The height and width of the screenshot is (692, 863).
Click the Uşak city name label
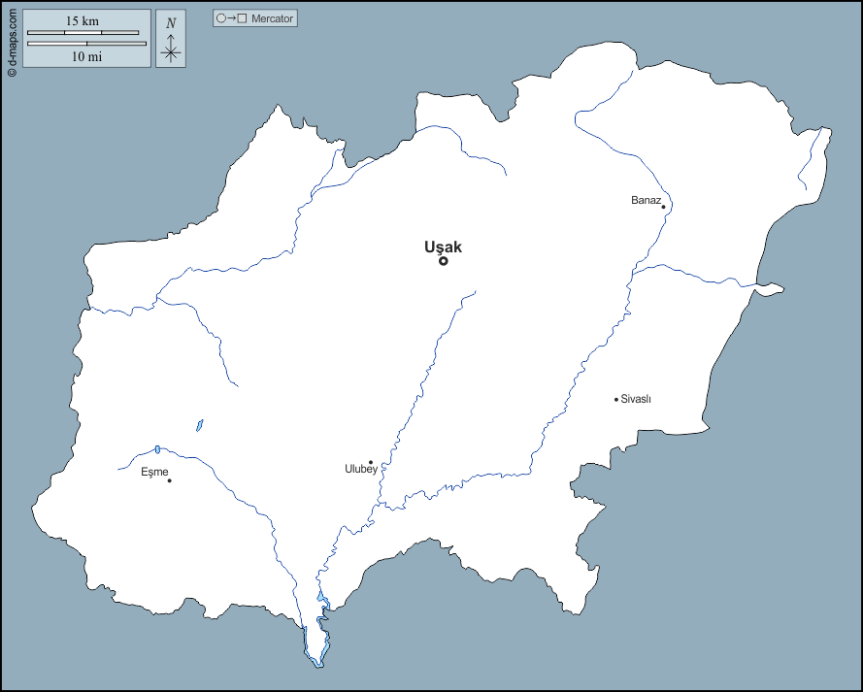point(443,247)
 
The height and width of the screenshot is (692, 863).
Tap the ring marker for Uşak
point(444,260)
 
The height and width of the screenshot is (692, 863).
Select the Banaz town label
point(646,200)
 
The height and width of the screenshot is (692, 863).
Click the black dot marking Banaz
point(663,207)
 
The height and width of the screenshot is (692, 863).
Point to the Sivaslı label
point(636,399)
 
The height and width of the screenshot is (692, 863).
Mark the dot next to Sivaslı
point(615,399)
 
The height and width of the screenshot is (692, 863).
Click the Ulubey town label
point(361,470)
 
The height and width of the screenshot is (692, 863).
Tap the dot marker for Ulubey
point(371,463)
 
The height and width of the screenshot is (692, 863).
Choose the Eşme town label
point(154,472)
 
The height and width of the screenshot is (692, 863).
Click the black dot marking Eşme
point(169,480)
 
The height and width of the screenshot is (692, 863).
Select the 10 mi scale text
point(86,56)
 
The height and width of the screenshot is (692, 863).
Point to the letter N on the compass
point(171,23)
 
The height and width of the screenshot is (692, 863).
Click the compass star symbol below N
point(171,50)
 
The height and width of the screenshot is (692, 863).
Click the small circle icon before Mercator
point(220,18)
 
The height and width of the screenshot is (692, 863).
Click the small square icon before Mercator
point(242,18)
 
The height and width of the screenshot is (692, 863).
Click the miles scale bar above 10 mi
point(86,43)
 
